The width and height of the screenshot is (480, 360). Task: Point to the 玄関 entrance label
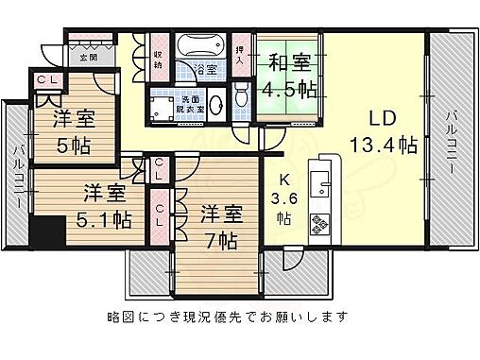[88, 58]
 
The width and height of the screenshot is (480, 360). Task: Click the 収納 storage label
[158, 60]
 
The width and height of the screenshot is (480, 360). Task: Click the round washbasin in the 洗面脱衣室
[214, 103]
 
